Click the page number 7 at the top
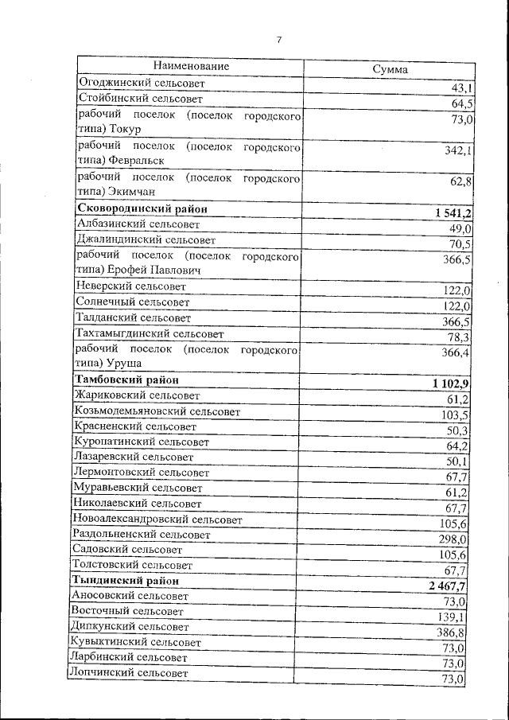tap(279, 40)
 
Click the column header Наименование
tap(192, 66)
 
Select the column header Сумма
tap(390, 69)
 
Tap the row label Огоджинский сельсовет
tap(142, 83)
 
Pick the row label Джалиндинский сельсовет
tap(146, 239)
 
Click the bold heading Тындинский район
tap(126, 581)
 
